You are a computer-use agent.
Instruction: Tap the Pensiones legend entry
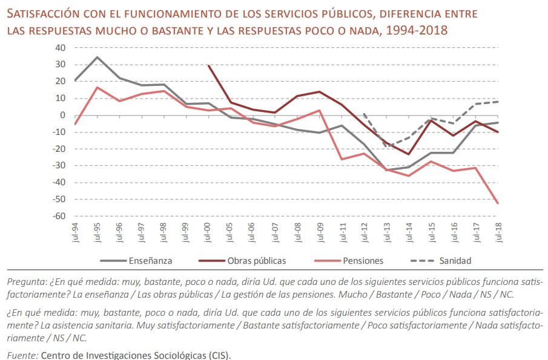click(x=362, y=261)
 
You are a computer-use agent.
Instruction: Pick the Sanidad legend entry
click(x=456, y=261)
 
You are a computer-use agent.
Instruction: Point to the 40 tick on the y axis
click(x=60, y=48)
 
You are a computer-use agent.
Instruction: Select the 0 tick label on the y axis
click(x=62, y=115)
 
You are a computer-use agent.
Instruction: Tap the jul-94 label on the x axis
click(x=75, y=232)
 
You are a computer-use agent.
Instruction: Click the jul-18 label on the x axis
click(x=498, y=232)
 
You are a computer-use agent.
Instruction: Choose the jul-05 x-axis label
click(x=231, y=232)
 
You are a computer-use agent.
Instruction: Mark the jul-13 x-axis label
click(x=386, y=232)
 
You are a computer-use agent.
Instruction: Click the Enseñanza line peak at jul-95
click(x=97, y=57)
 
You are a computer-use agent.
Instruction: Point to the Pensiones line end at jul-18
click(x=498, y=203)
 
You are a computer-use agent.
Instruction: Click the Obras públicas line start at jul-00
click(x=208, y=65)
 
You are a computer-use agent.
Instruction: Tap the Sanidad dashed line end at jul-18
click(x=498, y=102)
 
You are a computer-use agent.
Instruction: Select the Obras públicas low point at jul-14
click(x=409, y=154)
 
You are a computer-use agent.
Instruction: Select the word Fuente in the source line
click(x=22, y=355)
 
